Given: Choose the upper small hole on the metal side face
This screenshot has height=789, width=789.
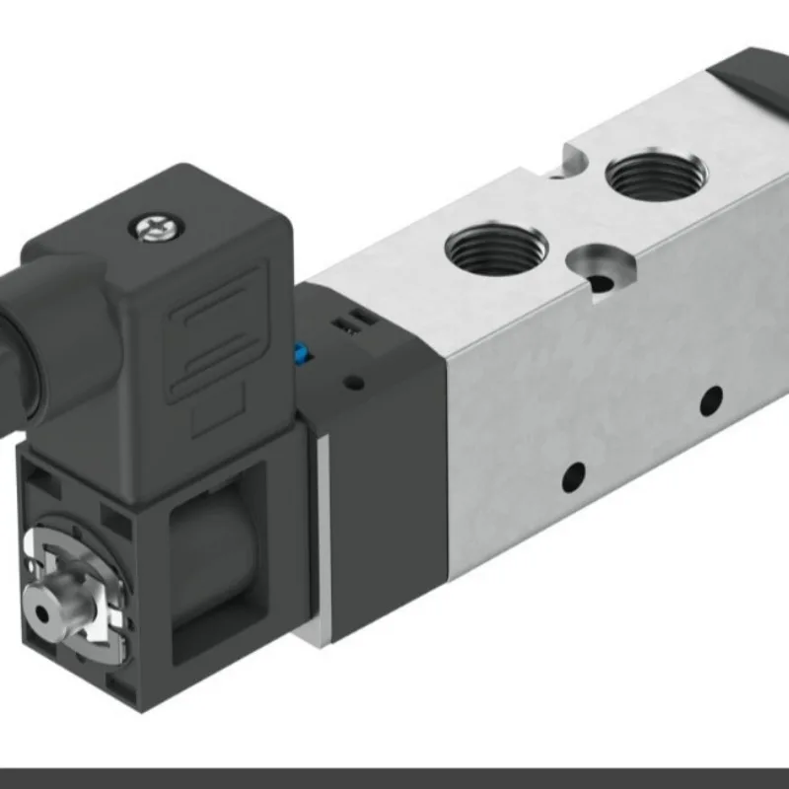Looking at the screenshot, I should tap(710, 400).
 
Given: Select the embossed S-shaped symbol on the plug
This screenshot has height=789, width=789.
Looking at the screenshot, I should tap(212, 331).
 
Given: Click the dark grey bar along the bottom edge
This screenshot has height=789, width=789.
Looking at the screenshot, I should tap(394, 778).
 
